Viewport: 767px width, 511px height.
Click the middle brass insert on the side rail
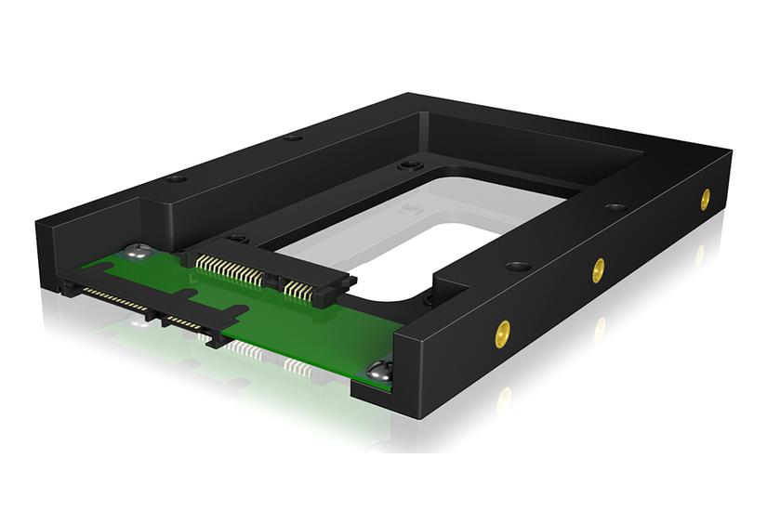click(x=598, y=270)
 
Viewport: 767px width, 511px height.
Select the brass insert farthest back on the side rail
click(x=705, y=198)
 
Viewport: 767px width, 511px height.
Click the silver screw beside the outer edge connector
click(x=140, y=251)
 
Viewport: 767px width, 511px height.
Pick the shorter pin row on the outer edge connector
click(x=184, y=321)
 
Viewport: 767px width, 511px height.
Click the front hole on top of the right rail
click(x=518, y=266)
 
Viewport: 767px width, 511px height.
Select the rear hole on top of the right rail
click(x=615, y=207)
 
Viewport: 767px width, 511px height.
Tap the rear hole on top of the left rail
click(x=293, y=138)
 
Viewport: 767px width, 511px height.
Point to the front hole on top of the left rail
click(x=177, y=177)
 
